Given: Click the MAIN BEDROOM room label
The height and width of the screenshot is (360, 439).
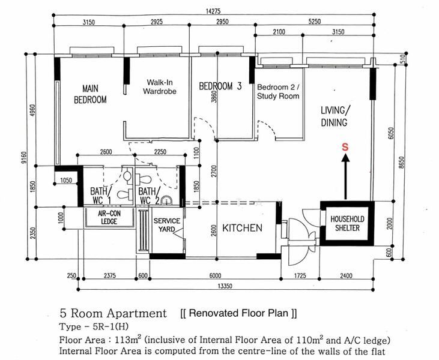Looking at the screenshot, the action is click(x=90, y=94).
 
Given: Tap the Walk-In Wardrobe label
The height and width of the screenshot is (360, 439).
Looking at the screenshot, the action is click(x=160, y=87).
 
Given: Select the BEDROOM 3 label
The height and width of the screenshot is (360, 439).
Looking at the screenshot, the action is click(x=220, y=86).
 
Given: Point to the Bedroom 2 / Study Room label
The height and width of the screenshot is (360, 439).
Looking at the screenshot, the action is click(x=278, y=92).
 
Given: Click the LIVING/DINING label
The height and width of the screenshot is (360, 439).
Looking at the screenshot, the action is click(x=334, y=116).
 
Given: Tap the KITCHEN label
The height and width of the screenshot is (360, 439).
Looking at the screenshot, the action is click(x=243, y=228).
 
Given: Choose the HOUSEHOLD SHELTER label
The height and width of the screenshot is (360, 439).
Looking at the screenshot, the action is click(x=348, y=223).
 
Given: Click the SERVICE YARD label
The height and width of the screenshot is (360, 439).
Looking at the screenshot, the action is click(x=167, y=225).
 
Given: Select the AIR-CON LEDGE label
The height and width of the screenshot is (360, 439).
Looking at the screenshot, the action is click(x=109, y=217).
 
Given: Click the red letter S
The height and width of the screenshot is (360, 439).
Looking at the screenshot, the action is click(x=345, y=147).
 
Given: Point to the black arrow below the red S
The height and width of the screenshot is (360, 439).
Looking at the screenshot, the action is click(x=346, y=177).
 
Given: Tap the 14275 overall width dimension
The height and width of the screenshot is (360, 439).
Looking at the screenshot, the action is click(x=213, y=11).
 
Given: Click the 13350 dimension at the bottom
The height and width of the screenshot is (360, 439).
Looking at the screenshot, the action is click(x=225, y=286).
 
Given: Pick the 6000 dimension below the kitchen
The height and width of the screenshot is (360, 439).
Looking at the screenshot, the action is click(x=215, y=276).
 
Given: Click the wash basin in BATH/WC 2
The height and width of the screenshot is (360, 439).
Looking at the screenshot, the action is click(x=166, y=200).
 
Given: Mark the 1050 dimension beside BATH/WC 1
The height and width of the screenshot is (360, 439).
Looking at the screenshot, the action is click(x=66, y=181).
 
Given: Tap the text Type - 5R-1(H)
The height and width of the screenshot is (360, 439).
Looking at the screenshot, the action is click(x=94, y=327).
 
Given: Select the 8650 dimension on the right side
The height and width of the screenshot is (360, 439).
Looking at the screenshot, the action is click(x=402, y=162).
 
